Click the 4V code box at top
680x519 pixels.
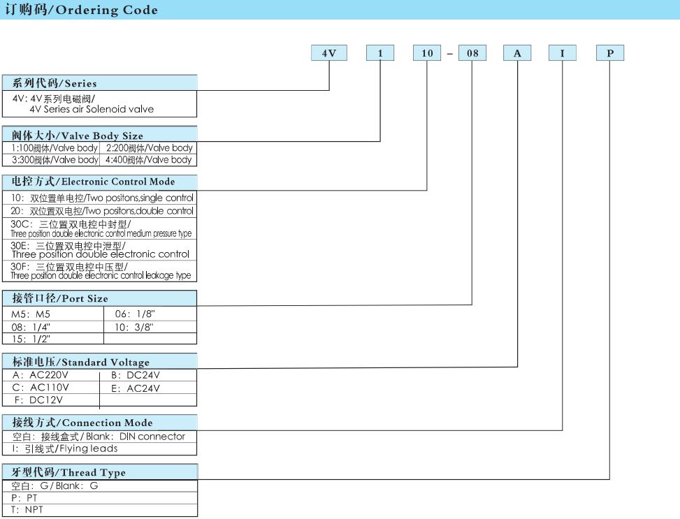pyautogui.click(x=328, y=53)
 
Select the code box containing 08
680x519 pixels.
pyautogui.click(x=472, y=53)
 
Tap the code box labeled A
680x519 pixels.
pyautogui.click(x=517, y=53)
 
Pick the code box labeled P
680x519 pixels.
pyautogui.click(x=609, y=53)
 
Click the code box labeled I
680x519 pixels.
pyautogui.click(x=563, y=53)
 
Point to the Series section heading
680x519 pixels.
pyautogui.click(x=99, y=83)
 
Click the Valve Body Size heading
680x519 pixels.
pyautogui.click(x=99, y=134)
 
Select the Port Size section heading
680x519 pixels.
pyautogui.click(x=99, y=298)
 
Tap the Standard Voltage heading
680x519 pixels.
pyautogui.click(x=99, y=361)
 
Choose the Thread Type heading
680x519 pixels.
pyautogui.click(x=100, y=472)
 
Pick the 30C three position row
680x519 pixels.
pyautogui.click(x=99, y=228)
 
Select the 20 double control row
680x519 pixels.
pyautogui.click(x=99, y=211)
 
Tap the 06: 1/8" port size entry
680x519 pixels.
pyautogui.click(x=135, y=314)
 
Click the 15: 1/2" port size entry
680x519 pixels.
pyautogui.click(x=31, y=339)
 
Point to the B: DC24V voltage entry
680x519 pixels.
pyautogui.click(x=136, y=376)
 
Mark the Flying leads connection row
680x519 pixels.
pyautogui.click(x=64, y=448)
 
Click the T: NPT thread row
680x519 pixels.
pyautogui.click(x=27, y=510)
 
